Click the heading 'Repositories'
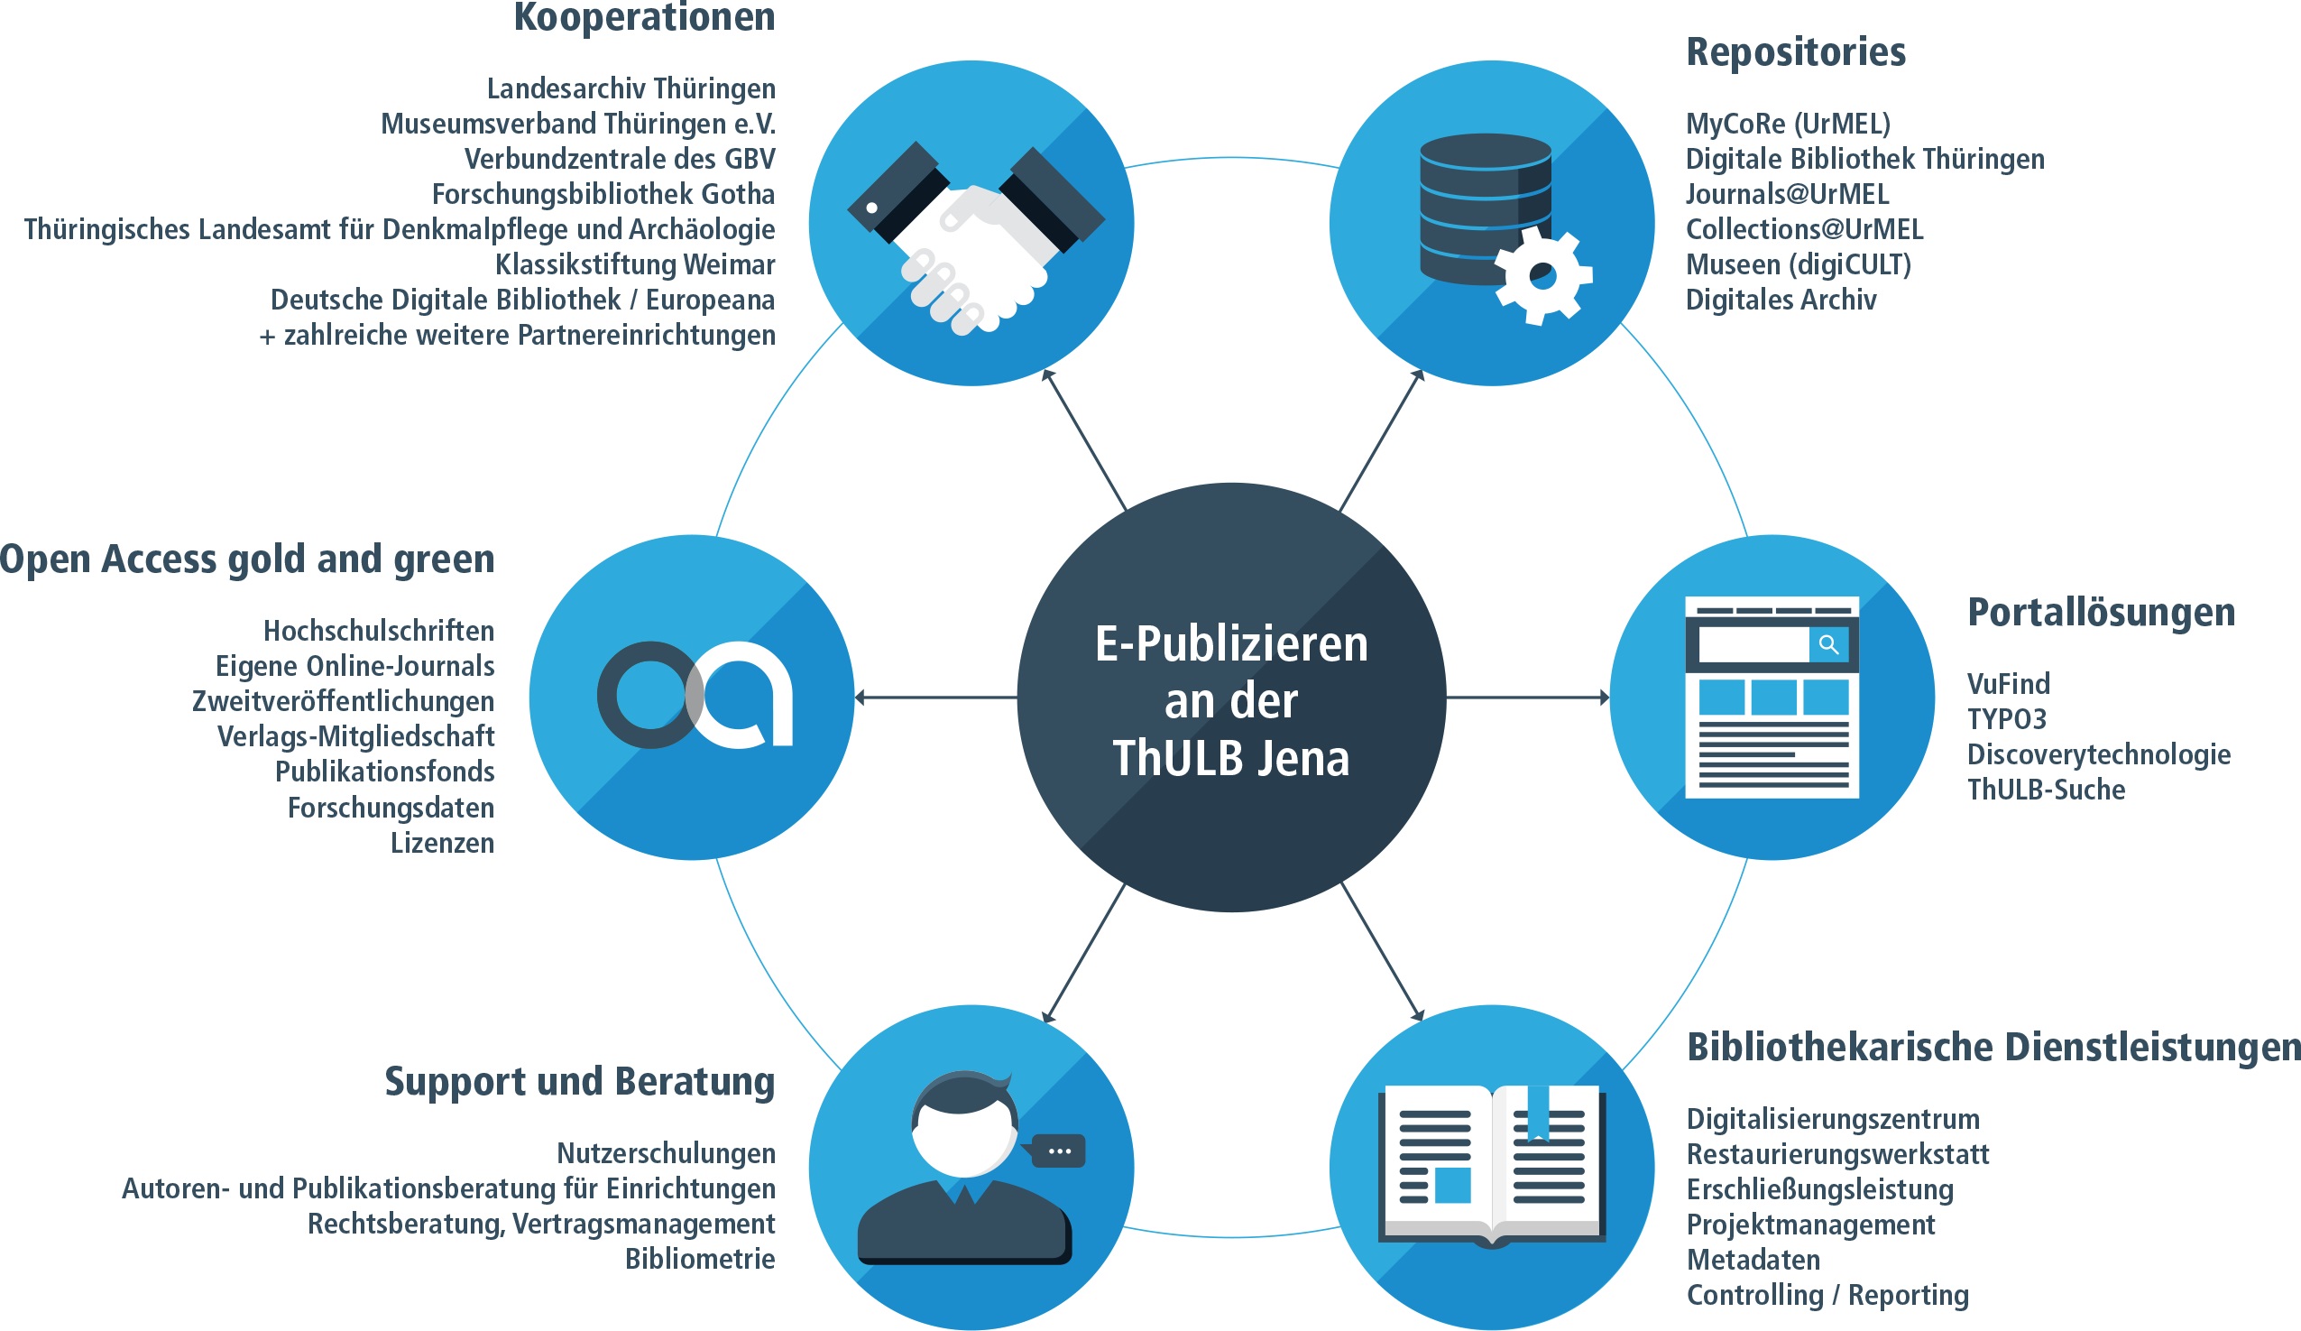[x=1795, y=52]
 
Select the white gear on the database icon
[x=1542, y=274]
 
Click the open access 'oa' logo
[x=694, y=695]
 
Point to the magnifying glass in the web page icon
[x=1828, y=644]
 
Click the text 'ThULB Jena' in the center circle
[x=1230, y=758]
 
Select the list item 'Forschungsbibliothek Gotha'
[x=603, y=195]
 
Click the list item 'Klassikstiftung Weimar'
[x=635, y=265]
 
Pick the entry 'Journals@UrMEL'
[x=1787, y=195]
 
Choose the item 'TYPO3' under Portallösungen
[x=2006, y=719]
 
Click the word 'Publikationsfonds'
[x=384, y=772]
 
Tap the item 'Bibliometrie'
[x=699, y=1259]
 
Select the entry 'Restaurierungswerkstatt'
[x=1837, y=1154]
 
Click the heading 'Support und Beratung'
[x=579, y=1082]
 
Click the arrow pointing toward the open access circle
[x=935, y=697]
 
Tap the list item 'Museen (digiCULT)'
[x=1798, y=265]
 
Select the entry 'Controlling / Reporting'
[x=1827, y=1295]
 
